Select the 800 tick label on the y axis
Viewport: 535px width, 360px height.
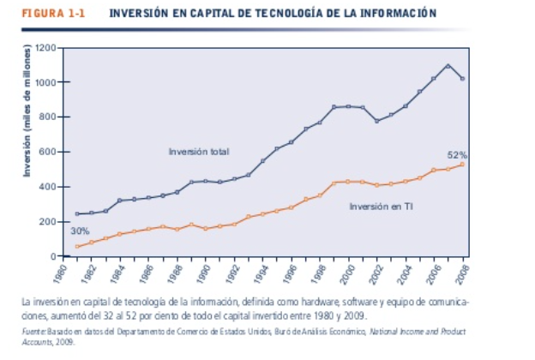[x=48, y=117]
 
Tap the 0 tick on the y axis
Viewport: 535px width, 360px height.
[x=52, y=256]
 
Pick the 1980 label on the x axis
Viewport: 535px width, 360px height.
[x=61, y=274]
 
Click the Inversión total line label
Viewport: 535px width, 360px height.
[x=198, y=152]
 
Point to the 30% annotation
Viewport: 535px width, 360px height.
[x=79, y=231]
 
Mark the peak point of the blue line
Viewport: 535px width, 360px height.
[x=448, y=65]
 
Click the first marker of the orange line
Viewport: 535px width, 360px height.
[x=77, y=246]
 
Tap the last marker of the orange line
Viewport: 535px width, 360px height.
[x=463, y=164]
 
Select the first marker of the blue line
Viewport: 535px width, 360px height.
[x=77, y=214]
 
